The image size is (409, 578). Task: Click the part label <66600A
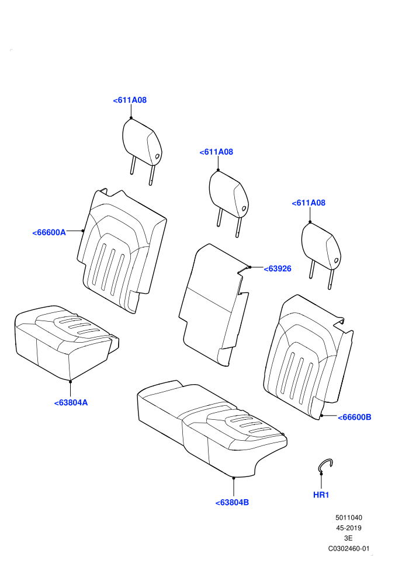[x=49, y=232]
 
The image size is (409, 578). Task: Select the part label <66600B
[x=355, y=417]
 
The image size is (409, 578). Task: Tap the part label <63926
[x=278, y=269]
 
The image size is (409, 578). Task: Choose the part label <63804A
[x=71, y=402]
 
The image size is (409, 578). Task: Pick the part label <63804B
[x=232, y=503]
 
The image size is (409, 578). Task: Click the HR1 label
[x=321, y=495]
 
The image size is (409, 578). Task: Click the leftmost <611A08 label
[x=130, y=100]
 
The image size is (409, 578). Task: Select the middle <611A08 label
[x=216, y=152]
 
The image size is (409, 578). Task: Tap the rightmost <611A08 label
[x=309, y=203]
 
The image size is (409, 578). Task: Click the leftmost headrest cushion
[x=141, y=142]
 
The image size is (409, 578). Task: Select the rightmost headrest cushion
[x=321, y=246]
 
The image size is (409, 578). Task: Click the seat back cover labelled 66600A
[x=122, y=250]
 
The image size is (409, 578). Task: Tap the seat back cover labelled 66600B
[x=309, y=357]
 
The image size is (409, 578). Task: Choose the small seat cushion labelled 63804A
[x=67, y=341]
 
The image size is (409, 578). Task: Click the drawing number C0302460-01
[x=348, y=548]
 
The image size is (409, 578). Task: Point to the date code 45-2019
[x=348, y=528]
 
